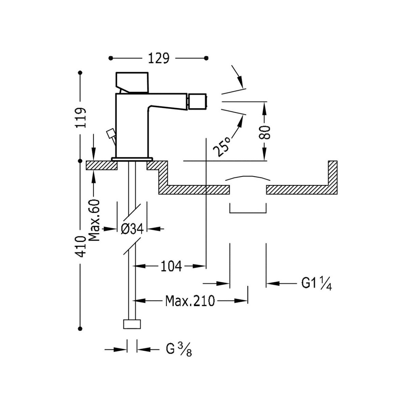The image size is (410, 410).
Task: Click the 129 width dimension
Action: click(159, 58)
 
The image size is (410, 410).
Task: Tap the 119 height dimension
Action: click(81, 118)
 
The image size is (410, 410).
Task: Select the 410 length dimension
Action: click(81, 246)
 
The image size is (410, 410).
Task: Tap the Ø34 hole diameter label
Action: click(132, 229)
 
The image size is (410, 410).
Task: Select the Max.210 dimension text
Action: click(190, 301)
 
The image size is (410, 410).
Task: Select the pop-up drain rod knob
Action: click(110, 133)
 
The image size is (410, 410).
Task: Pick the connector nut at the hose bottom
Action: click(132, 324)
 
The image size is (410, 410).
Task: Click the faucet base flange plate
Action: click(132, 159)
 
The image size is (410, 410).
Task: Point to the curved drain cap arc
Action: click(247, 178)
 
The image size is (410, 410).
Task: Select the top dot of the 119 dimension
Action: click(81, 72)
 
